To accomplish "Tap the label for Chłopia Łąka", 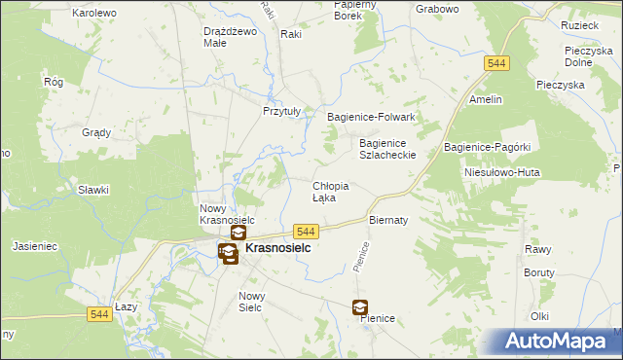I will click(330, 192).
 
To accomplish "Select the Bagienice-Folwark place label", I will click(371, 117).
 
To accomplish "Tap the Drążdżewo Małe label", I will click(229, 36).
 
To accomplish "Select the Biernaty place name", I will click(387, 220).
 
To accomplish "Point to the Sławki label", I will click(93, 191).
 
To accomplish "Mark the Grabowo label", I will click(436, 9).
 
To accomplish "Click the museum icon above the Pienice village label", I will click(360, 306).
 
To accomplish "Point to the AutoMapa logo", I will click(560, 341).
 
